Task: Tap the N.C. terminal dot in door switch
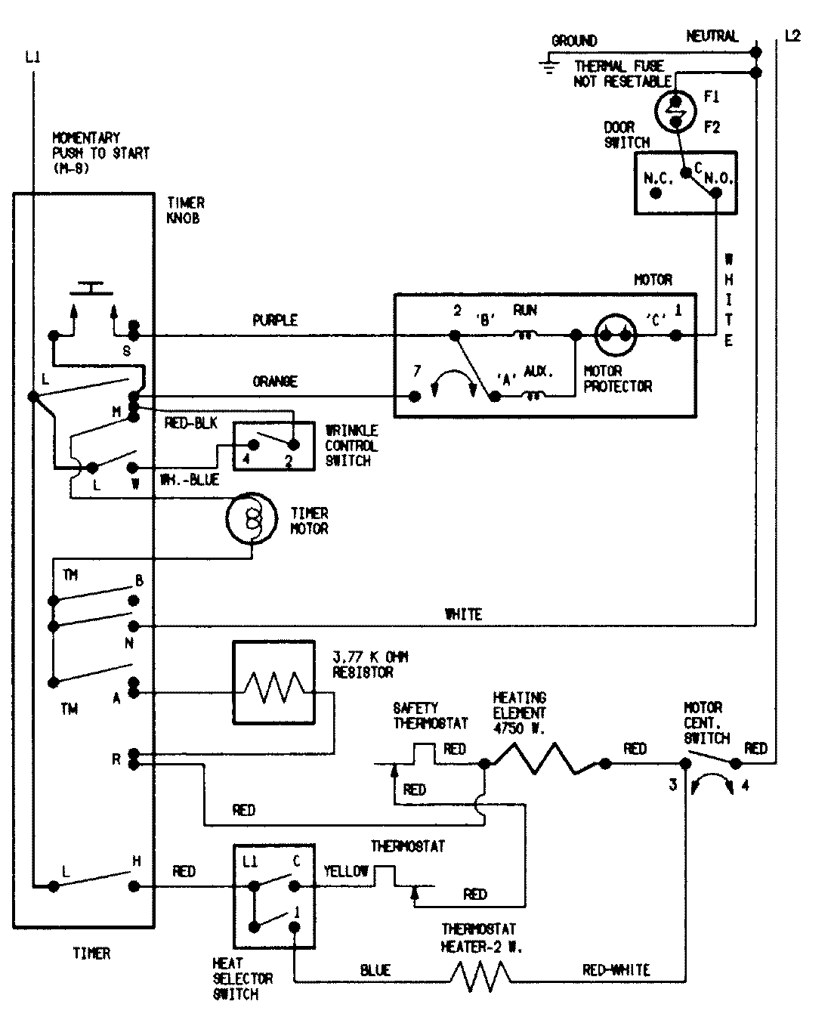[656, 193]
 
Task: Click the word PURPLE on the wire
[274, 320]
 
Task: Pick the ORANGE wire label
[275, 382]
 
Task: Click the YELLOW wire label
[346, 871]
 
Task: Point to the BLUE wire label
[375, 971]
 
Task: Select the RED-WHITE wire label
[616, 970]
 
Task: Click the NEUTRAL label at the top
[712, 36]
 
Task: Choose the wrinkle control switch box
[273, 446]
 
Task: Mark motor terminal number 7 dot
[414, 396]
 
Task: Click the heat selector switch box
[273, 896]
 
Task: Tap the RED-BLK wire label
[190, 423]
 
